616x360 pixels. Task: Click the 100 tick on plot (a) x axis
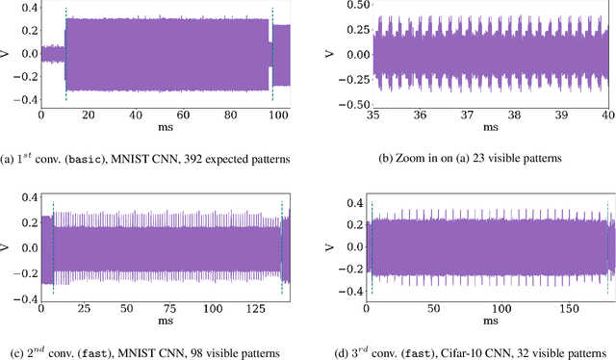(275, 115)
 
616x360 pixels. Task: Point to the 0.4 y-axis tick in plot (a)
(27, 8)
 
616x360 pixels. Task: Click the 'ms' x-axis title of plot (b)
(491, 127)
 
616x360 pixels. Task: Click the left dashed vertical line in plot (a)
(65, 54)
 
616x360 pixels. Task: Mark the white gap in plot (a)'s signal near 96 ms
(269, 54)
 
